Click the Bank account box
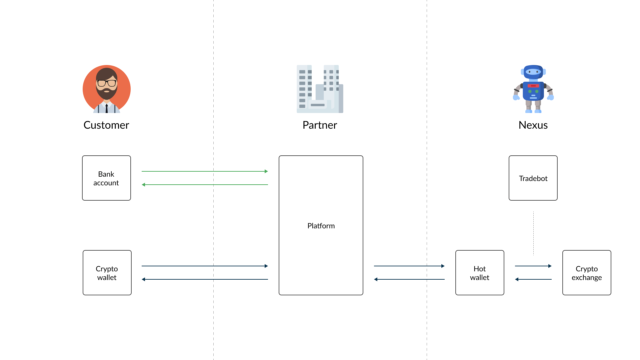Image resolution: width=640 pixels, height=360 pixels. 106,178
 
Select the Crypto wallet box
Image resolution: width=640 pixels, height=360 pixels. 107,273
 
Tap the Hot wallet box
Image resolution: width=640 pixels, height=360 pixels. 480,273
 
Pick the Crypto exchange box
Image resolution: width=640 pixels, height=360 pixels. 587,273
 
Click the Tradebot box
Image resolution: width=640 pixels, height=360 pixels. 533,178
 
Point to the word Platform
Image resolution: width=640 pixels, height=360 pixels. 321,226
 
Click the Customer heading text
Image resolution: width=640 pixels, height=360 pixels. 106,125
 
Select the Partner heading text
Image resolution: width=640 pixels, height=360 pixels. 320,125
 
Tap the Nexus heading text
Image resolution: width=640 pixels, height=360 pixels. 533,125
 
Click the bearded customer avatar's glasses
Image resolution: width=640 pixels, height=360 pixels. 107,83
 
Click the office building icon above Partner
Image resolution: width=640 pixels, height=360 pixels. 320,89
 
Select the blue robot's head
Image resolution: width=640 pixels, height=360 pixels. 533,72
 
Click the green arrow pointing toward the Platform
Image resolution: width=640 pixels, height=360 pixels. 205,171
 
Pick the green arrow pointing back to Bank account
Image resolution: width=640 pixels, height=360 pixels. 205,185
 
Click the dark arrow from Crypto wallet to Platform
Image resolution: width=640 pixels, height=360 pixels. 205,266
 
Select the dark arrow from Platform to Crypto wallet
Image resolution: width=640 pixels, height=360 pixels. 205,279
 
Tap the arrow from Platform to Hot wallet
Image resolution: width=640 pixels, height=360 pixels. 409,266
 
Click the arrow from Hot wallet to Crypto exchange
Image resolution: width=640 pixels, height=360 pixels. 533,266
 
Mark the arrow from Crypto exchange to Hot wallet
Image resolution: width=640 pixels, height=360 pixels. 533,279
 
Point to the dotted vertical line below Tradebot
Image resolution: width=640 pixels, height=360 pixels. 533,233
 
